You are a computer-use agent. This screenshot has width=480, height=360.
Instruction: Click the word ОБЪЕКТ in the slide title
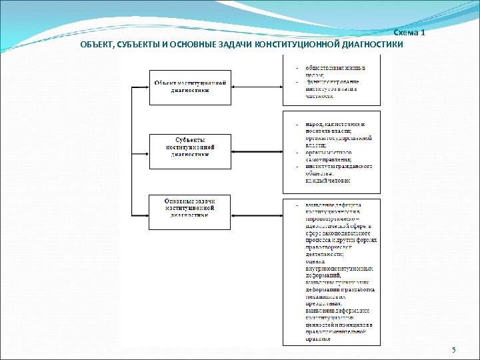97,45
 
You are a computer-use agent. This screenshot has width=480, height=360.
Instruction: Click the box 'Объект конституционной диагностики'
189,87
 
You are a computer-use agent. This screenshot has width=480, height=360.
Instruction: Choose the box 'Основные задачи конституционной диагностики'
189,207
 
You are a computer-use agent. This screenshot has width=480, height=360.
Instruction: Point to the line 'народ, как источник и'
335,124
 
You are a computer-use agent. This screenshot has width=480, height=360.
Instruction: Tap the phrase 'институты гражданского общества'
339,169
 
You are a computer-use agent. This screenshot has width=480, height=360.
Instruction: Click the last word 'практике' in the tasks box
318,338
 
